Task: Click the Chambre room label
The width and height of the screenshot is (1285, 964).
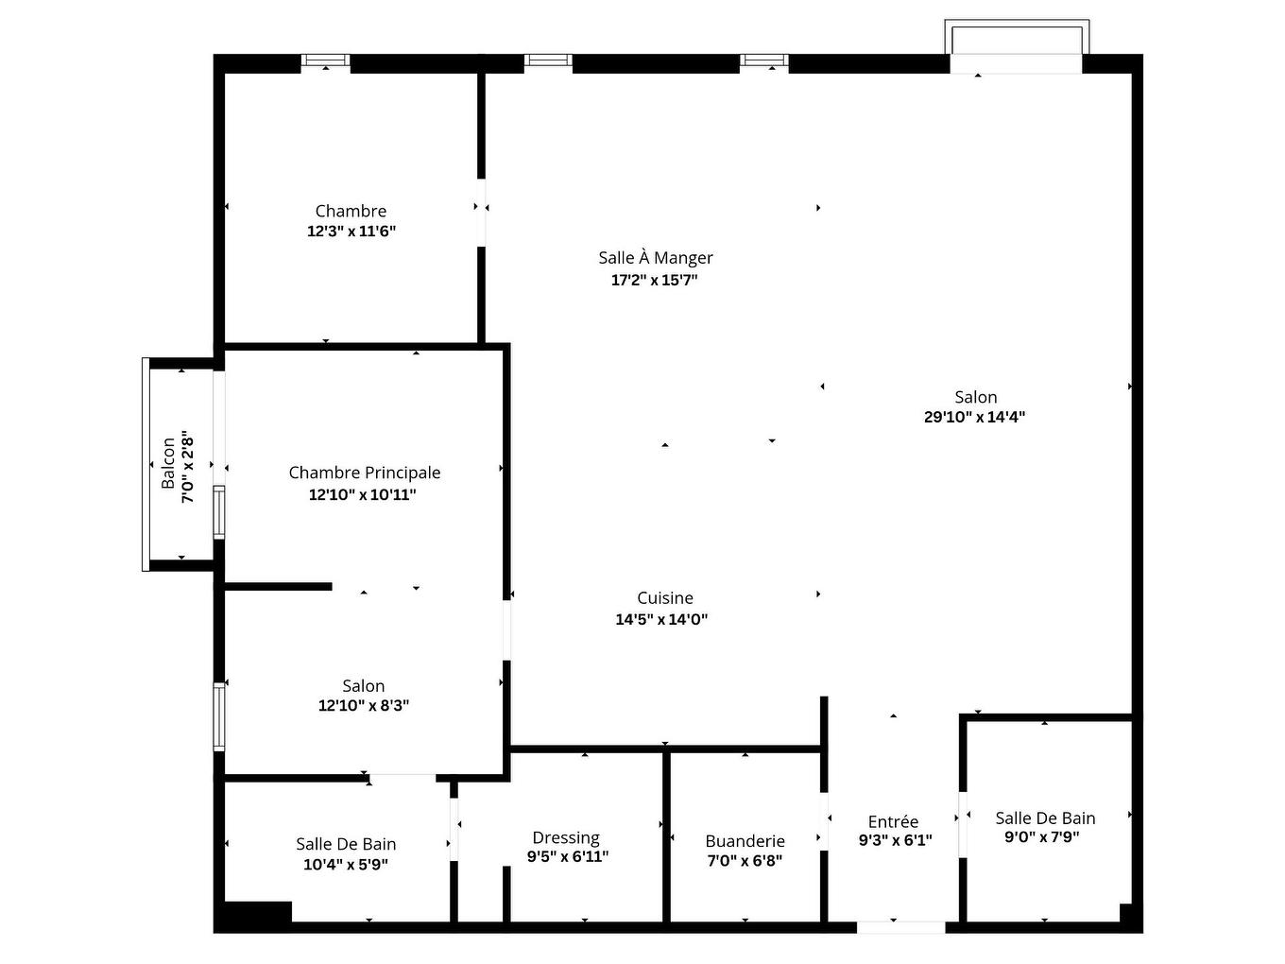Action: [x=351, y=211]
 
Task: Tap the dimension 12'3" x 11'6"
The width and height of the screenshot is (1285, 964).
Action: [x=351, y=232]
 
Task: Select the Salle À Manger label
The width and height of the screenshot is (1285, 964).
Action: [x=655, y=257]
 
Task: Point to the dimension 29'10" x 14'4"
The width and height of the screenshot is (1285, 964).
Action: [x=974, y=417]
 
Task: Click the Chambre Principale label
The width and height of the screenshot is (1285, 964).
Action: [x=364, y=473]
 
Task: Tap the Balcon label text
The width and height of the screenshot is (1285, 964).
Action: [x=168, y=462]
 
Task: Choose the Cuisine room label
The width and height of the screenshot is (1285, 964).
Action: [x=664, y=597]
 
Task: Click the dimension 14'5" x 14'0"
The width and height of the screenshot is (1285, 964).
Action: [x=661, y=620]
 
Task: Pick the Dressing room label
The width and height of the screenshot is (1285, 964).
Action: [x=565, y=837]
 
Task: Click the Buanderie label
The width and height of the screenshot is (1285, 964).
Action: [x=745, y=841]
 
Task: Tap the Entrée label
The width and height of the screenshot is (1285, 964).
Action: [x=893, y=821]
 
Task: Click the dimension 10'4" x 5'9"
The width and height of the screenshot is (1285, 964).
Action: [x=345, y=864]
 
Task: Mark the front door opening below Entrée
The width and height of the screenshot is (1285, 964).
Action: [x=899, y=927]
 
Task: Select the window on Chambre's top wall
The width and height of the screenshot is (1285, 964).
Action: [x=325, y=61]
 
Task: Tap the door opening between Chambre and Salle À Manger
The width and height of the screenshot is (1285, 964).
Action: [x=481, y=212]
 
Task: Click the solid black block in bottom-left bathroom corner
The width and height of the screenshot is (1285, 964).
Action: [x=255, y=914]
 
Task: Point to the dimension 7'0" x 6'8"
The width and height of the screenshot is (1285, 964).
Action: [x=745, y=861]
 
